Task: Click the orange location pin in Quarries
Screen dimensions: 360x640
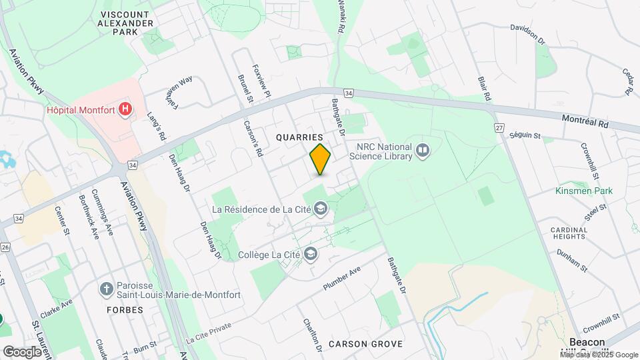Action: pos(321,159)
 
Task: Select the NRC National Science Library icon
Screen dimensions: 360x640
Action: pos(421,151)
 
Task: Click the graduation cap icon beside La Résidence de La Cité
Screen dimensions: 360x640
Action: pos(321,209)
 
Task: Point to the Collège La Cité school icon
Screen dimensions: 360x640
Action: pos(311,254)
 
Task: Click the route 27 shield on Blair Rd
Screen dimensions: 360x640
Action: pos(499,127)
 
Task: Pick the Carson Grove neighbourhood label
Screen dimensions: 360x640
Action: pos(365,344)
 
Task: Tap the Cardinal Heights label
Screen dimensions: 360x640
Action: pos(569,233)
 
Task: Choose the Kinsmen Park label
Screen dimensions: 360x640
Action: pos(584,191)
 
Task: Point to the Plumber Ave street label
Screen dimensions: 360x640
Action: pos(341,277)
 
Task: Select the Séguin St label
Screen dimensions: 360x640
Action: pos(525,135)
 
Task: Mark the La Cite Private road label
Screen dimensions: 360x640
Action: pos(209,331)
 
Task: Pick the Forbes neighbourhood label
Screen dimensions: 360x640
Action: pos(125,310)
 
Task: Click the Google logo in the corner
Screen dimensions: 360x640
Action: pos(22,351)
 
